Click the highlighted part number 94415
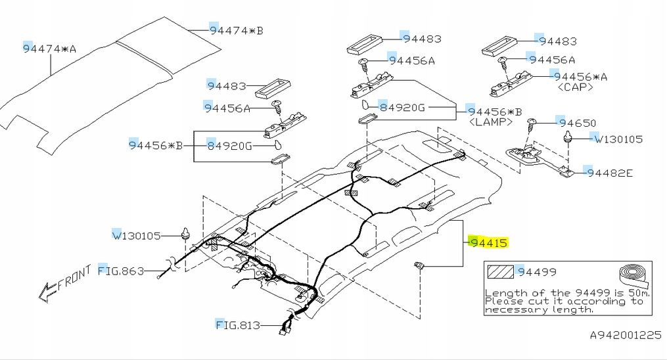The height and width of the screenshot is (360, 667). (488, 242)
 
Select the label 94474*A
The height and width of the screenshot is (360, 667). (50, 49)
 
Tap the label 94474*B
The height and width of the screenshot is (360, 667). (236, 30)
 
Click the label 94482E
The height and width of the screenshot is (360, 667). (609, 173)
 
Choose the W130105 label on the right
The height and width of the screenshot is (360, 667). (617, 139)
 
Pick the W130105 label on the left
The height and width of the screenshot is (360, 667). (136, 235)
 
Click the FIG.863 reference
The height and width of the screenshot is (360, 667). (120, 271)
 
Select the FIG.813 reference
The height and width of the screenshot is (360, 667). (238, 325)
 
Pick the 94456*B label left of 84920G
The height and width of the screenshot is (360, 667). (155, 145)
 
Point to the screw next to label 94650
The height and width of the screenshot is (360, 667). (533, 124)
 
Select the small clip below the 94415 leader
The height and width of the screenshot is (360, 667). (419, 266)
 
